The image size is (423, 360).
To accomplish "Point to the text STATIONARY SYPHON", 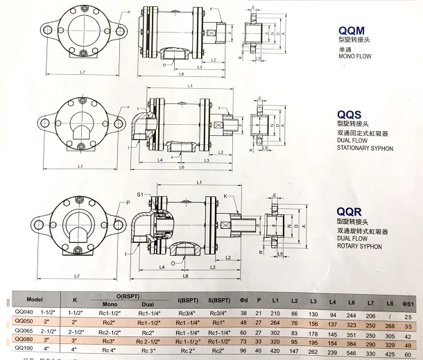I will click(x=365, y=148).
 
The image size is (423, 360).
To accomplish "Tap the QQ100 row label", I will click(x=24, y=352).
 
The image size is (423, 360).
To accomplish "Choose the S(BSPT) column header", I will click(x=223, y=300).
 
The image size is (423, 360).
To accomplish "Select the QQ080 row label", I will click(x=24, y=342).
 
